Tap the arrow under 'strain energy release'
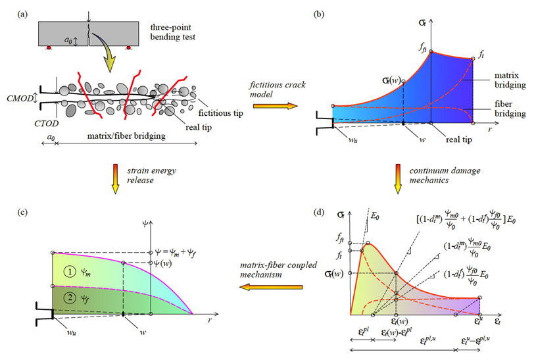(x=116, y=178)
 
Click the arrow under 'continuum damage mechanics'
(x=399, y=178)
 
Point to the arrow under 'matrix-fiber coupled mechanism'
(x=267, y=288)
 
